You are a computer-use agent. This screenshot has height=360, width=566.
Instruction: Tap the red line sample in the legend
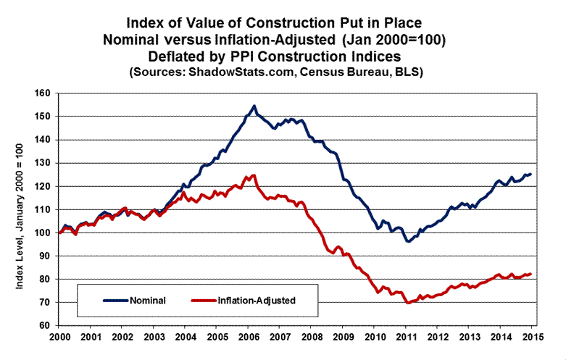tap(204, 299)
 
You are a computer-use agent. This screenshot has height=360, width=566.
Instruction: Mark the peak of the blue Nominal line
tap(254, 106)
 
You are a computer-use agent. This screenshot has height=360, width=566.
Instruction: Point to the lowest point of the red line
tap(408, 303)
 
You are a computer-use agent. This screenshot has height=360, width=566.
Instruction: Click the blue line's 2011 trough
tap(409, 240)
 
